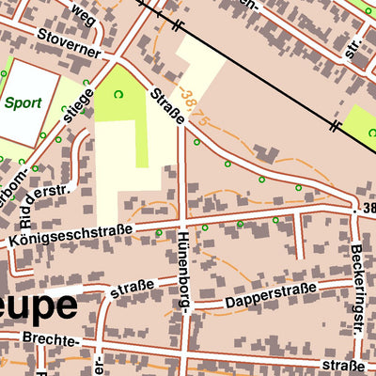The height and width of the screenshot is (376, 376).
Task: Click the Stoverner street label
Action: pos(69,42)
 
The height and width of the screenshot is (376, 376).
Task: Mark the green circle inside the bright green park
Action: pos(119,93)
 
